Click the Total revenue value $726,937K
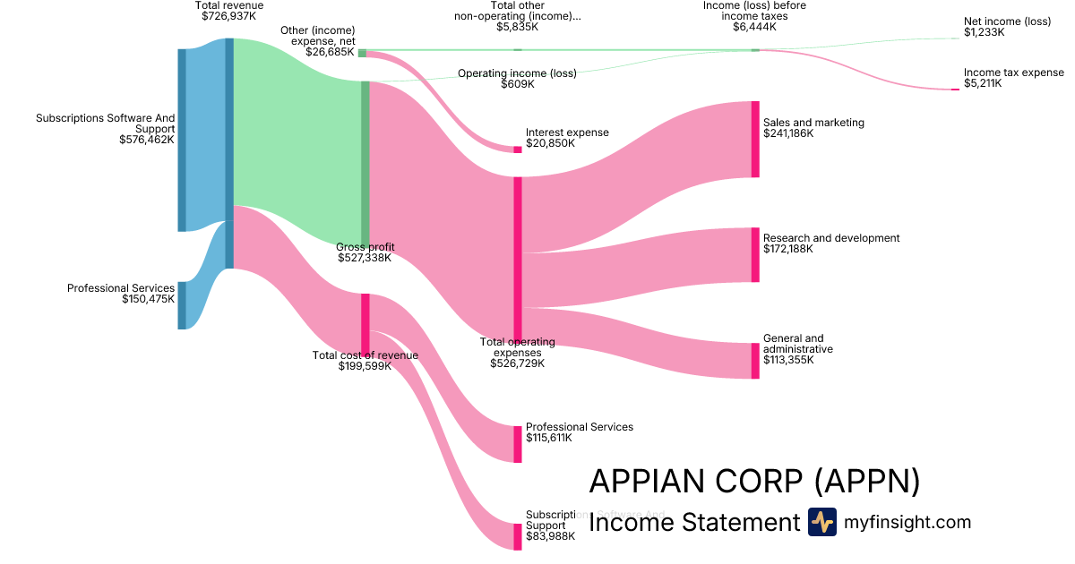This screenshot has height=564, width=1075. pos(229,17)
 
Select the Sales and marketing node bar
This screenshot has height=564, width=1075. pos(755,139)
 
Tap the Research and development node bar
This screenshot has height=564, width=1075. pos(755,254)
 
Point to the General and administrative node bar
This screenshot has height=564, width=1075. pos(755,360)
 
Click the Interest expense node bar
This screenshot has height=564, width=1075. pos(517,150)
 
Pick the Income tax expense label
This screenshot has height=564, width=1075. pos(1007,73)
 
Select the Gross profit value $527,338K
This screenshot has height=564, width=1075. pos(365,258)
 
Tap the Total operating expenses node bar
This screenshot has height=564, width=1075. pos(517,259)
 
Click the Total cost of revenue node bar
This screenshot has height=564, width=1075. pos(365,323)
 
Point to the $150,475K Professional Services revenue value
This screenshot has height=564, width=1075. pos(148,299)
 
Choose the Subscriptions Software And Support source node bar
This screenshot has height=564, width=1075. pos(182,140)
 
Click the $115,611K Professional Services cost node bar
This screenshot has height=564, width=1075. pos(517,444)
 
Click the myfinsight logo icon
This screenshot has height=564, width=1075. pos(821,522)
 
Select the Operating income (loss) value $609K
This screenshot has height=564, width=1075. pos(518,84)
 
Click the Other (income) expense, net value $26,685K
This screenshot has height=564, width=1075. pos(330,52)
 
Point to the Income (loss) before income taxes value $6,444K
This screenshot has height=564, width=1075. pos(754,27)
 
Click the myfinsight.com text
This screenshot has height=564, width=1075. pos(907,522)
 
